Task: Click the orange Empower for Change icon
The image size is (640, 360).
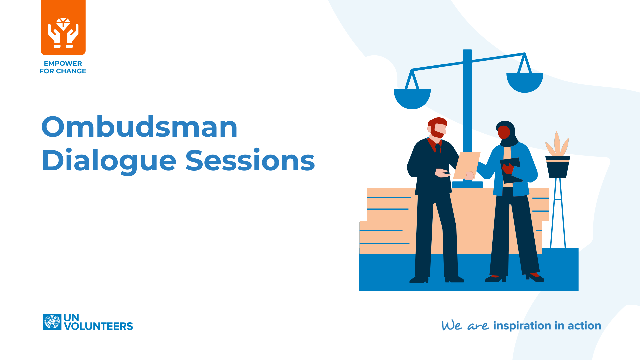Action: pyautogui.click(x=63, y=28)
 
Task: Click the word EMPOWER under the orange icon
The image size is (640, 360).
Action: pyautogui.click(x=63, y=63)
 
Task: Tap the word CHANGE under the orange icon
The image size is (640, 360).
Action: pyautogui.click(x=71, y=71)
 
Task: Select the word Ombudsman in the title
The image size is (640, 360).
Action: pyautogui.click(x=139, y=127)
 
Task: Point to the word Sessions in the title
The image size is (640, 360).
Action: pyautogui.click(x=250, y=161)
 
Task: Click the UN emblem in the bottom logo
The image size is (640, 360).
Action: pyautogui.click(x=52, y=322)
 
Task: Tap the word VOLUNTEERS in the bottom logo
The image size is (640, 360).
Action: pyautogui.click(x=98, y=326)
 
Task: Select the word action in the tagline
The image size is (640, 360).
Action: pyautogui.click(x=584, y=326)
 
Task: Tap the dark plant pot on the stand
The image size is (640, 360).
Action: pyautogui.click(x=557, y=168)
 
